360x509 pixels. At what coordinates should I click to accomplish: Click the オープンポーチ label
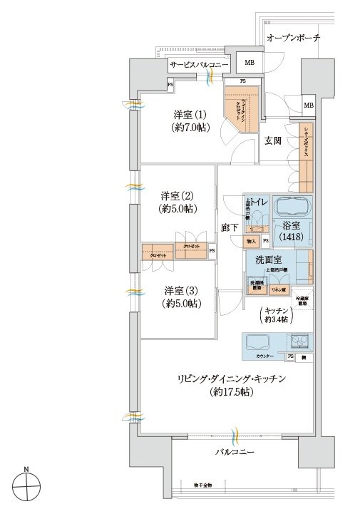[293, 38]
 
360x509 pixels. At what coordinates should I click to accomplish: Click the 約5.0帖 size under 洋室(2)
[177, 209]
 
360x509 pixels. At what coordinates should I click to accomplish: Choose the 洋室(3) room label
[180, 290]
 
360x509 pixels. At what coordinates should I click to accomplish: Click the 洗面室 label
[262, 259]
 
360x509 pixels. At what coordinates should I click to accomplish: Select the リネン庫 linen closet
[279, 289]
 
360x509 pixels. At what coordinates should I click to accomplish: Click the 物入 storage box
[252, 242]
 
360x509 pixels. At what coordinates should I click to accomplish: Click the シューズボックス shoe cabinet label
[306, 143]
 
